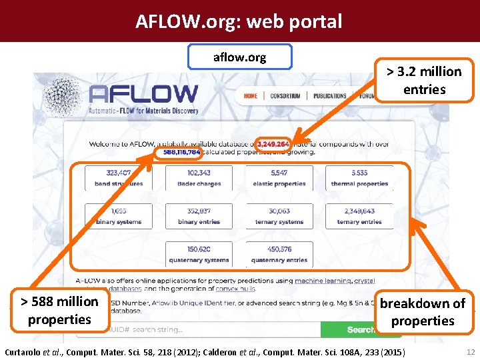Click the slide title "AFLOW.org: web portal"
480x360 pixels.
tap(239, 21)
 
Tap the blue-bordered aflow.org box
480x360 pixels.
tap(239, 57)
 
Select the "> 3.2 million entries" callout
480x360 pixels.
tap(424, 80)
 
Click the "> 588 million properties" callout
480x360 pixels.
tap(59, 310)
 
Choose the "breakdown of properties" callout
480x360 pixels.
tap(423, 312)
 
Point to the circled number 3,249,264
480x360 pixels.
tap(273, 143)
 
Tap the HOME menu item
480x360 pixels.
tap(251, 96)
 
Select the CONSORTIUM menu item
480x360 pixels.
tap(285, 96)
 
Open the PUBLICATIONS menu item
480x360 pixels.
tap(329, 96)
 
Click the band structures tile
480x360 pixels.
tap(119, 178)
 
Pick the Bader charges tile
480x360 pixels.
tap(199, 178)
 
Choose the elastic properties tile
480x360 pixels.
tap(279, 178)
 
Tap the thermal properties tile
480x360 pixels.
tap(359, 178)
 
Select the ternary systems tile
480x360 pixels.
tap(279, 216)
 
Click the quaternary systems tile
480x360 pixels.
tap(199, 254)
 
